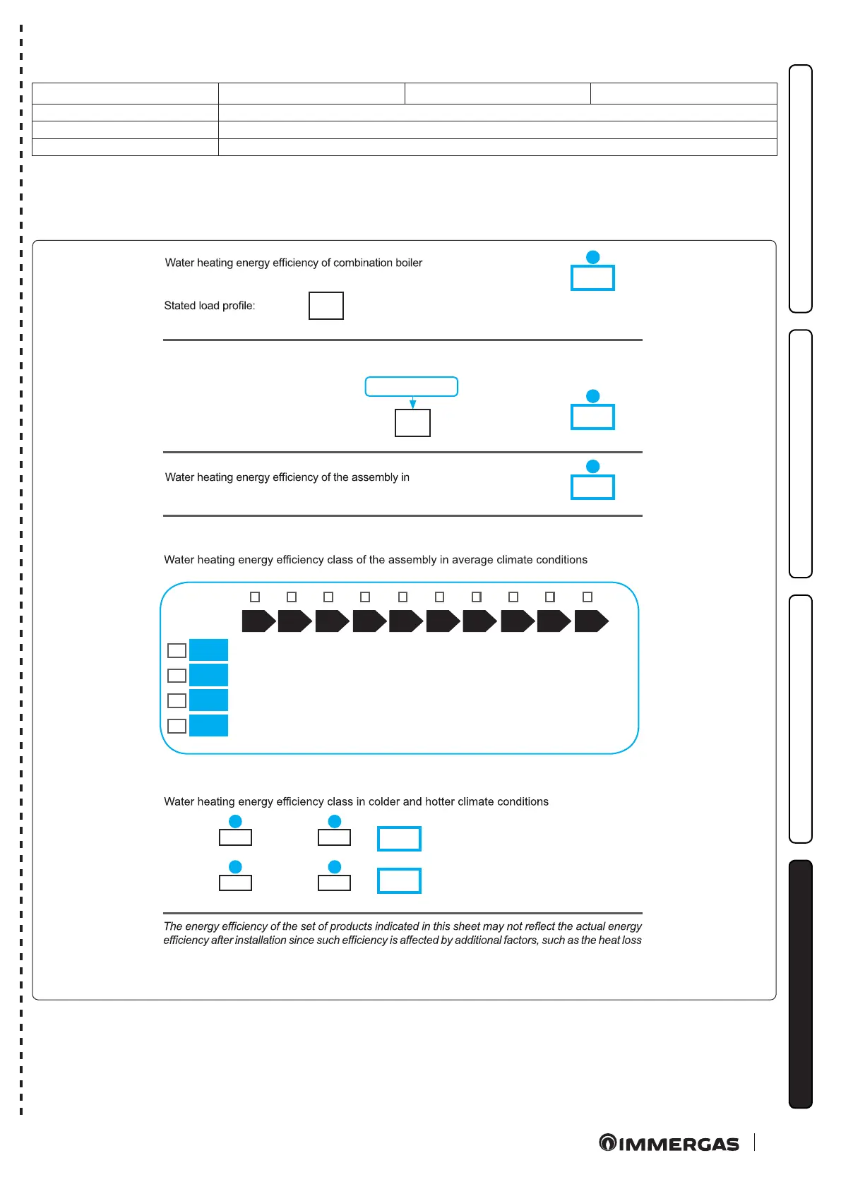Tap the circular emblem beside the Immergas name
pyautogui.click(x=607, y=1142)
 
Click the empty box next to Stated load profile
pyautogui.click(x=326, y=306)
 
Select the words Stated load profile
pyautogui.click(x=209, y=306)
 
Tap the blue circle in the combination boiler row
pyautogui.click(x=593, y=257)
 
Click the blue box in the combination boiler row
pyautogui.click(x=592, y=278)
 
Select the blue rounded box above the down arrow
pyautogui.click(x=412, y=386)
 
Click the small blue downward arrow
pyautogui.click(x=413, y=403)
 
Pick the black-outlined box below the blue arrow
pyautogui.click(x=412, y=423)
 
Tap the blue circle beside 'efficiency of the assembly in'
pyautogui.click(x=593, y=467)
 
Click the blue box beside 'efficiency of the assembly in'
pyautogui.click(x=592, y=487)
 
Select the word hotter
pyautogui.click(x=440, y=802)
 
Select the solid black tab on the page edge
pyautogui.click(x=801, y=984)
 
